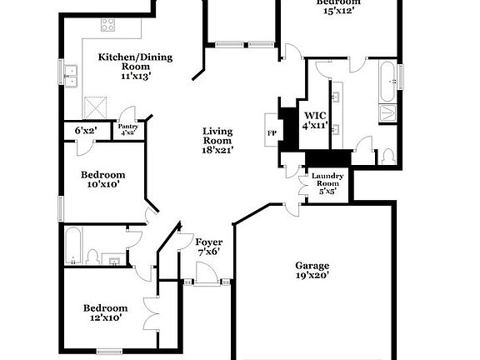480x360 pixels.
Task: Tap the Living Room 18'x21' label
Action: (x=217, y=141)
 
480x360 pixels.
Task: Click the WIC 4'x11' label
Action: (x=315, y=121)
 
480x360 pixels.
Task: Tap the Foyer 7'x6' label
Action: (x=207, y=246)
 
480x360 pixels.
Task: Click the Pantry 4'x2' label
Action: (x=127, y=128)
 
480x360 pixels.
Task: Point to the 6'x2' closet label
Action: (x=86, y=130)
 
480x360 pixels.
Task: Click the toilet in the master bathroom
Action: (x=388, y=156)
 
